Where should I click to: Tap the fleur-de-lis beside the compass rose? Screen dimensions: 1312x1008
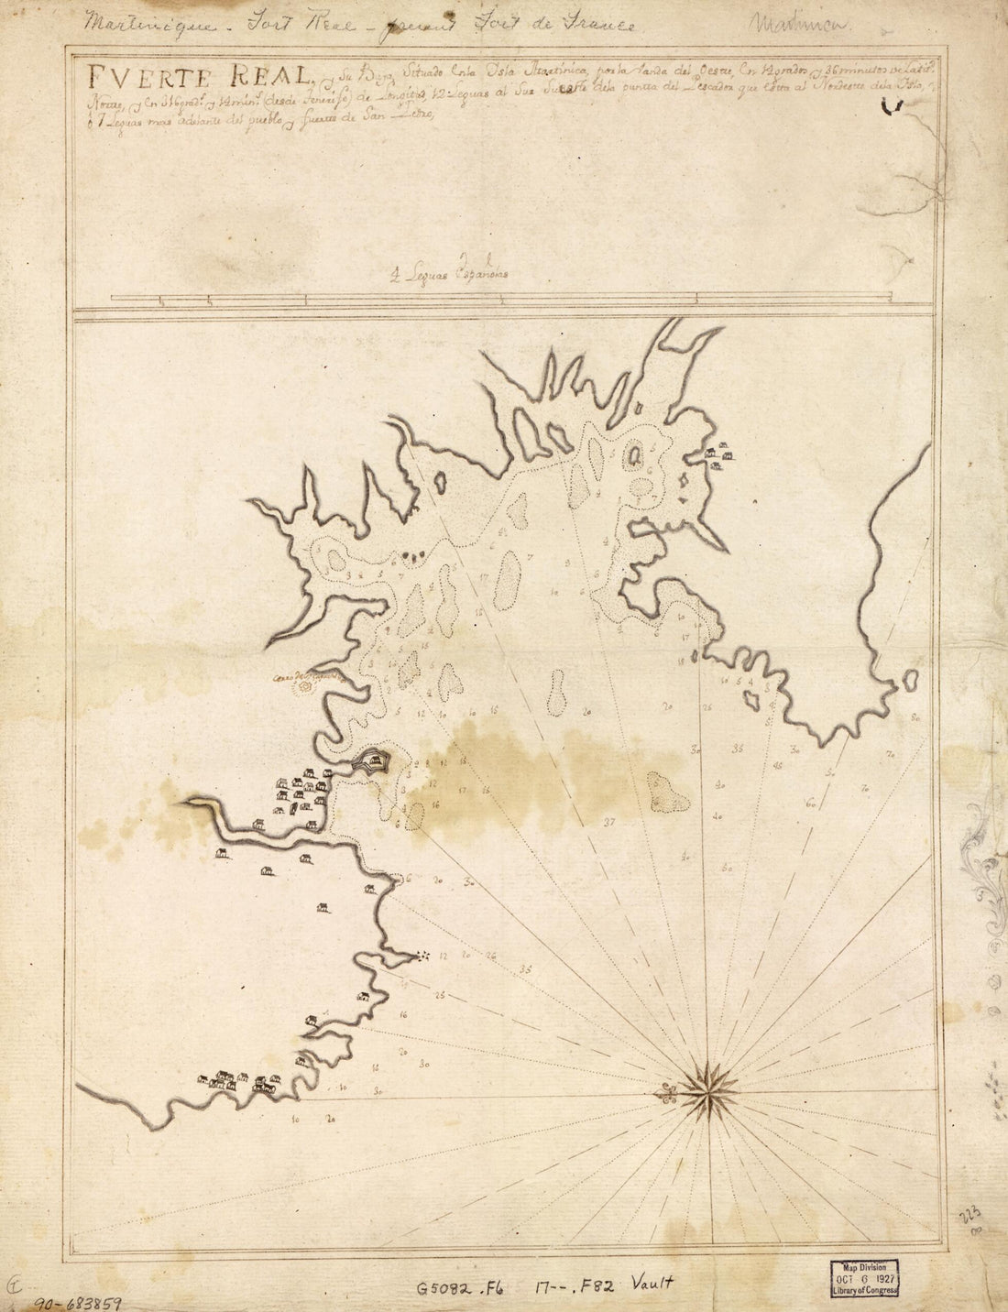click(667, 1091)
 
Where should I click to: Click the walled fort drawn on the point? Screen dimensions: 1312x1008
click(373, 760)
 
